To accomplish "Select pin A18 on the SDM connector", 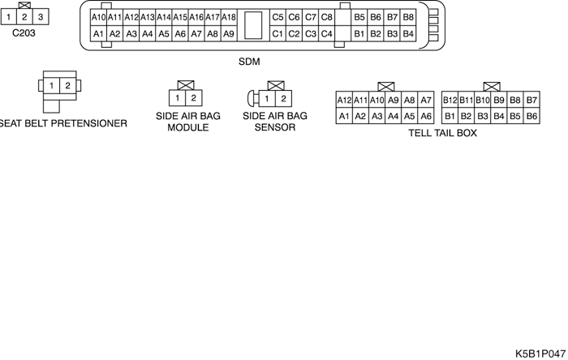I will [x=229, y=17].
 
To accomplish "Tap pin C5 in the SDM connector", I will [x=278, y=17].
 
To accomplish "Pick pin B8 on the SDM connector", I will [x=408, y=17].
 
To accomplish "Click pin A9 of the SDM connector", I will [x=229, y=34].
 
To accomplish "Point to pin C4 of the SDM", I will [x=326, y=34].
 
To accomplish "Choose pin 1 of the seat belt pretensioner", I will [x=51, y=86].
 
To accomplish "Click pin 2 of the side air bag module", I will [x=193, y=98].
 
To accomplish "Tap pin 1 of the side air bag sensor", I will [x=266, y=98].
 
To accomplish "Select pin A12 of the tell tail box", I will [x=344, y=100].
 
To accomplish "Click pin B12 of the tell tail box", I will [x=450, y=100].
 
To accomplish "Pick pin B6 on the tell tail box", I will [x=532, y=116].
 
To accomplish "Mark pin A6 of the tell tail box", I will [x=426, y=116].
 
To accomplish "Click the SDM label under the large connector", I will [x=250, y=62].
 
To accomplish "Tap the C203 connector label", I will [x=24, y=34].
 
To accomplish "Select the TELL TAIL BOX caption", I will [x=442, y=133].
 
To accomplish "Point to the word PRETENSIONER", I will [x=90, y=123].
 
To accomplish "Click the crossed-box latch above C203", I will [x=24, y=5].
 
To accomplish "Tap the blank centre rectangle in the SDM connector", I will [x=253, y=25].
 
